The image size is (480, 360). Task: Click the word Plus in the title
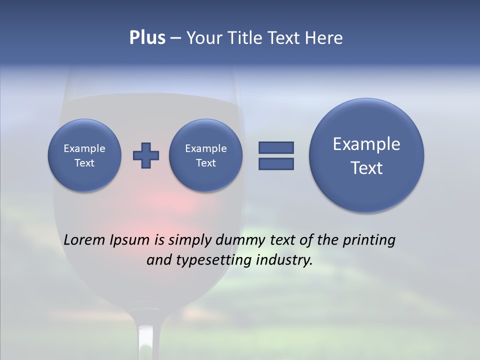click(x=147, y=38)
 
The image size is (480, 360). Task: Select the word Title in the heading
click(x=241, y=38)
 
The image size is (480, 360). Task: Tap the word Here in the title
click(x=324, y=38)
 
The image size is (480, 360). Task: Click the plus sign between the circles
click(x=146, y=155)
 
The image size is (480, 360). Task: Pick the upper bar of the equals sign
click(x=276, y=147)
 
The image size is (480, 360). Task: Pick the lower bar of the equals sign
click(x=276, y=163)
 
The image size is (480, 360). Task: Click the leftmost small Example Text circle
click(x=84, y=155)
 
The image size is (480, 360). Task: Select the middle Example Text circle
click(x=206, y=155)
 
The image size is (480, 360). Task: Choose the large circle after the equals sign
click(x=366, y=155)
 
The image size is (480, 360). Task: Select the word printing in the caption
click(x=368, y=240)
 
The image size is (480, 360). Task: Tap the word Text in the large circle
click(x=366, y=168)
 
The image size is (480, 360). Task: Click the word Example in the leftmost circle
click(x=84, y=148)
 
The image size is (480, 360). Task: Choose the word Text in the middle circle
click(x=206, y=163)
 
